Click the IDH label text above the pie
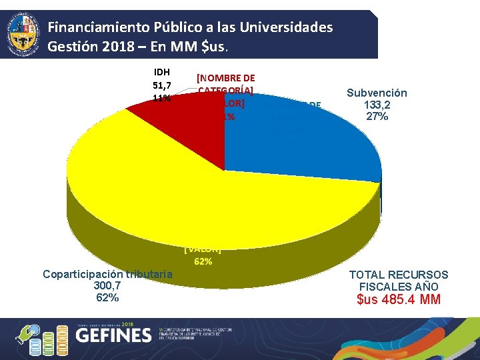161,72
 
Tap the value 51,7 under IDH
161,85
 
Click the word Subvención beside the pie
377,93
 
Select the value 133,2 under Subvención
377,105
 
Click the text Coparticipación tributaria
107,274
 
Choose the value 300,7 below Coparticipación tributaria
107,285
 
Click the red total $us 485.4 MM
399,299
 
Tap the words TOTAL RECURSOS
399,275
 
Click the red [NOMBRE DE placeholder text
226,78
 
